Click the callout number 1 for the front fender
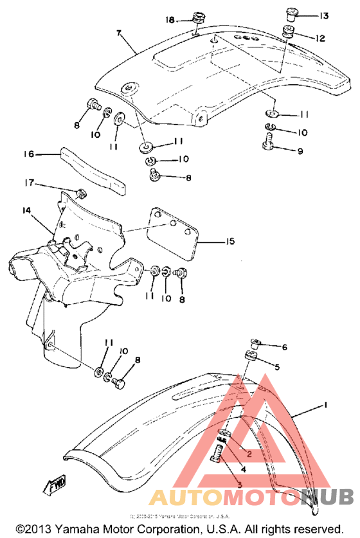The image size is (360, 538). point(327,406)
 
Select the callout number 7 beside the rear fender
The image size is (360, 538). point(118,33)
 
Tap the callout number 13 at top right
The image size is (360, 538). point(323,15)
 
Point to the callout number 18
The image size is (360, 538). point(169,20)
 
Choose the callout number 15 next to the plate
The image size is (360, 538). point(230,242)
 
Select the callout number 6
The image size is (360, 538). point(283,348)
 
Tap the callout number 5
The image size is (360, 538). point(277,367)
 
